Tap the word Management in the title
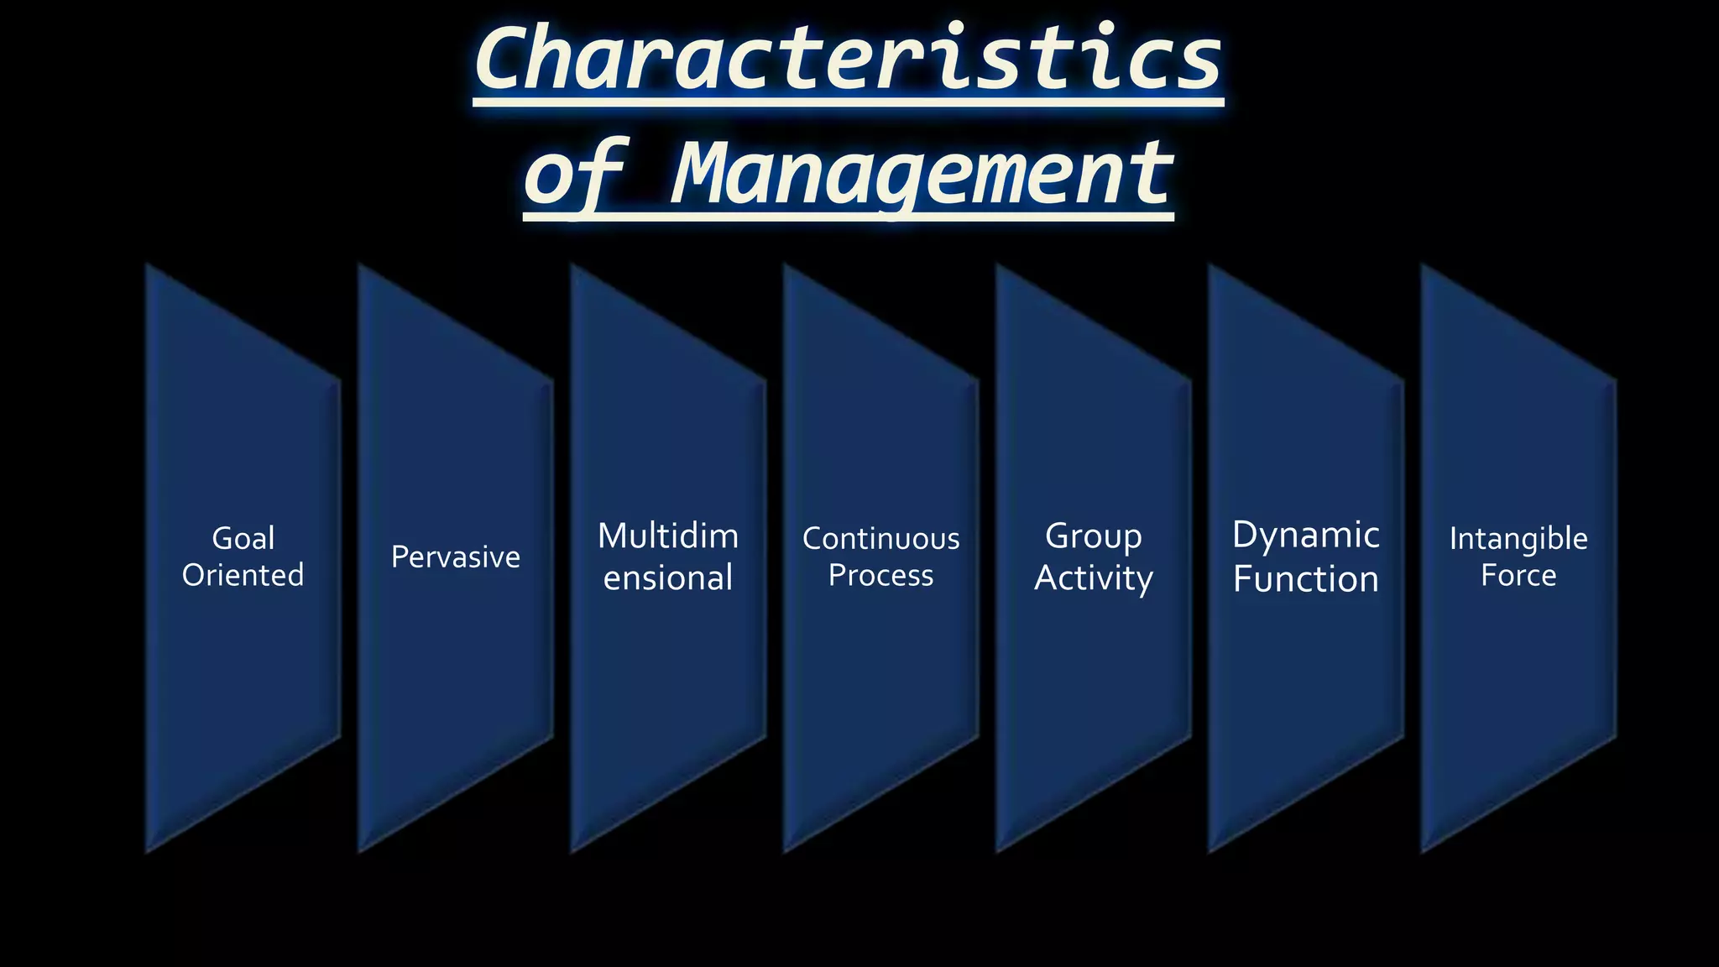pyautogui.click(x=922, y=174)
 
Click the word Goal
pyautogui.click(x=243, y=538)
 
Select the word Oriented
pyautogui.click(x=243, y=576)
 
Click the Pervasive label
pyautogui.click(x=456, y=557)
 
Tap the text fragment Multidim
pyautogui.click(x=668, y=536)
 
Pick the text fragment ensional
pyautogui.click(x=668, y=578)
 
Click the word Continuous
pyautogui.click(x=880, y=539)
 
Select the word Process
pyautogui.click(x=880, y=576)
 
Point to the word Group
pyautogui.click(x=1093, y=536)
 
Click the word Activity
pyautogui.click(x=1093, y=578)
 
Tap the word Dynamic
pyautogui.click(x=1305, y=536)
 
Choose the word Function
pyautogui.click(x=1305, y=579)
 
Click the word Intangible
pyautogui.click(x=1518, y=539)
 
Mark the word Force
pyautogui.click(x=1518, y=576)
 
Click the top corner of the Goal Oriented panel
pyautogui.click(x=149, y=267)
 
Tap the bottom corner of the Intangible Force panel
pyautogui.click(x=1424, y=850)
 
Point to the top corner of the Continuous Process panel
pyautogui.click(x=786, y=267)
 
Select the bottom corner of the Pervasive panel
pyautogui.click(x=361, y=850)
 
